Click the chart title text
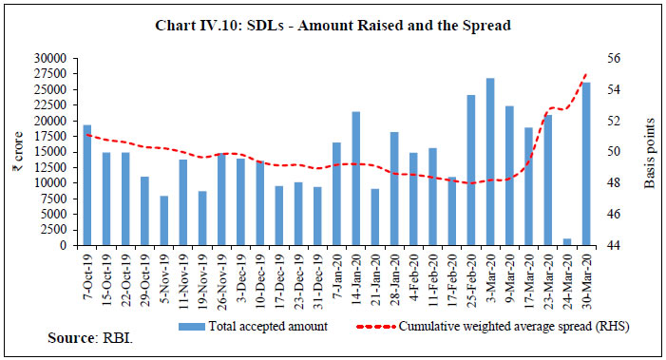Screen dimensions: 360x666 pyautogui.click(x=333, y=28)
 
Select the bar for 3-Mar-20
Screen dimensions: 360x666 pyautogui.click(x=490, y=161)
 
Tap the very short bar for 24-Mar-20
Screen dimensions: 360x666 pyautogui.click(x=568, y=242)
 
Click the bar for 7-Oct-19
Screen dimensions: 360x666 pyautogui.click(x=86, y=185)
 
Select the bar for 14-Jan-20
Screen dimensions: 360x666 pyautogui.click(x=356, y=179)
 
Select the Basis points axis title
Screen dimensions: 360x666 pyautogui.click(x=651, y=152)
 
